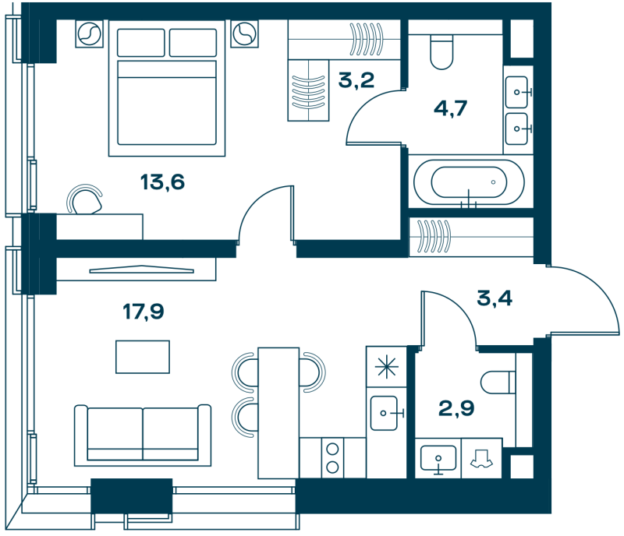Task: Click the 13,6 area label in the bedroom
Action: (x=162, y=182)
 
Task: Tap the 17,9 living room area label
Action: (x=144, y=312)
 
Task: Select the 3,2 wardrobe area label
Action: (x=356, y=80)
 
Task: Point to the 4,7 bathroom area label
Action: (x=450, y=108)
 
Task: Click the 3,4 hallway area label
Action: (x=495, y=298)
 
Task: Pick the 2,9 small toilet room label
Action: (x=456, y=408)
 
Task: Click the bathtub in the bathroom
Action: (x=470, y=182)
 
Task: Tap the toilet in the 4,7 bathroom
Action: (x=441, y=51)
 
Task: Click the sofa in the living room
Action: (x=143, y=435)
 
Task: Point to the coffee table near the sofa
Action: (x=143, y=357)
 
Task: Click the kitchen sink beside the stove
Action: (x=384, y=413)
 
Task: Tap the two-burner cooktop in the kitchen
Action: (x=332, y=457)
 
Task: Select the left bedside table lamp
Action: (x=89, y=33)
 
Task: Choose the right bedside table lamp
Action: (x=244, y=33)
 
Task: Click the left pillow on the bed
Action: (x=141, y=43)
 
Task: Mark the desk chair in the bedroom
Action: (x=85, y=199)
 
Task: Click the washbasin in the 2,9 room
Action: (x=438, y=457)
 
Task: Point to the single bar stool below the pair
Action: (x=243, y=418)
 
